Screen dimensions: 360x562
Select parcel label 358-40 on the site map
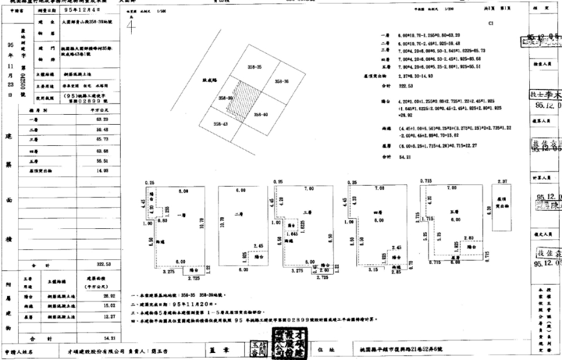(261, 115)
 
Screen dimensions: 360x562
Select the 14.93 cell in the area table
(104, 170)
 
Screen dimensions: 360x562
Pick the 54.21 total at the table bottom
(104, 338)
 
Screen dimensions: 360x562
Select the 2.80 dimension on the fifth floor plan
(468, 238)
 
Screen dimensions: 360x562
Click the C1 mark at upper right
(499, 24)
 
